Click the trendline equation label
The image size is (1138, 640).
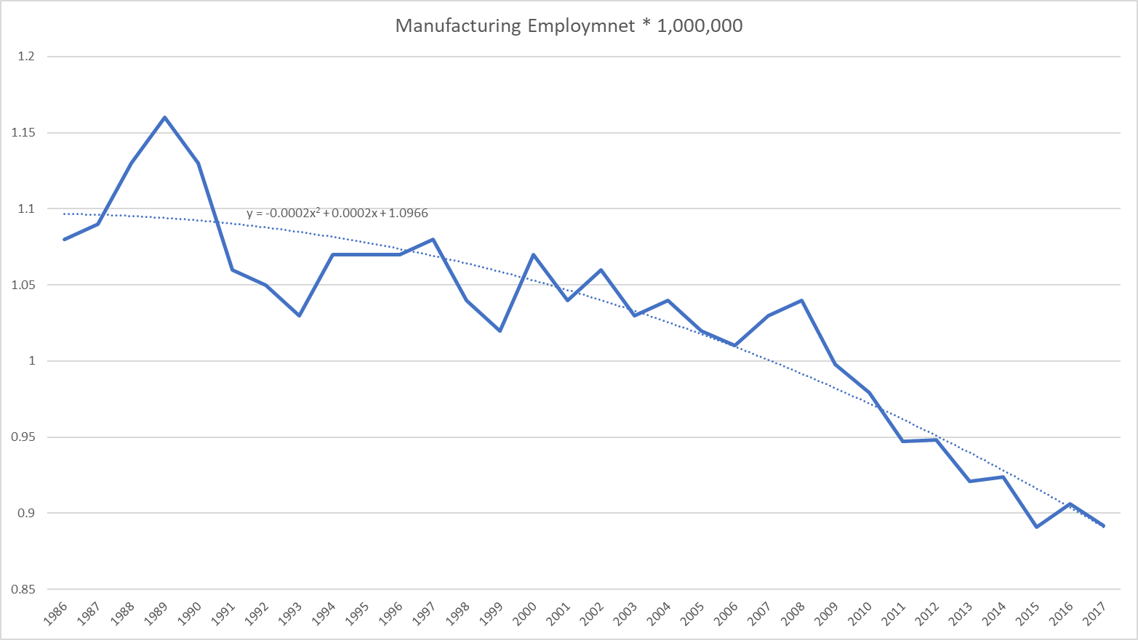click(x=337, y=214)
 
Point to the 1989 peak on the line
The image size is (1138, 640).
click(x=165, y=117)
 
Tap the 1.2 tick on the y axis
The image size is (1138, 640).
click(x=26, y=57)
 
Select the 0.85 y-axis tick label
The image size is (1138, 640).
click(x=23, y=589)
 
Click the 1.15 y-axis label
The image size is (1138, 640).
click(x=23, y=133)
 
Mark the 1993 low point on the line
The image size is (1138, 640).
click(x=299, y=315)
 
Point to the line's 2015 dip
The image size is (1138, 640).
click(x=1036, y=527)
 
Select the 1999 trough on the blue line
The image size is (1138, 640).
click(x=500, y=331)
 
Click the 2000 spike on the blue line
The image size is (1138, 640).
click(x=534, y=254)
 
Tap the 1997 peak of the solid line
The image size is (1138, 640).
click(x=433, y=239)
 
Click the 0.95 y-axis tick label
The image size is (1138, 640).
click(x=23, y=437)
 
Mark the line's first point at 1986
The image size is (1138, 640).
click(x=65, y=239)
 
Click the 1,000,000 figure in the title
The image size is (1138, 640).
click(x=700, y=26)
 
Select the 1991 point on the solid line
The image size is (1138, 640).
click(x=232, y=270)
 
